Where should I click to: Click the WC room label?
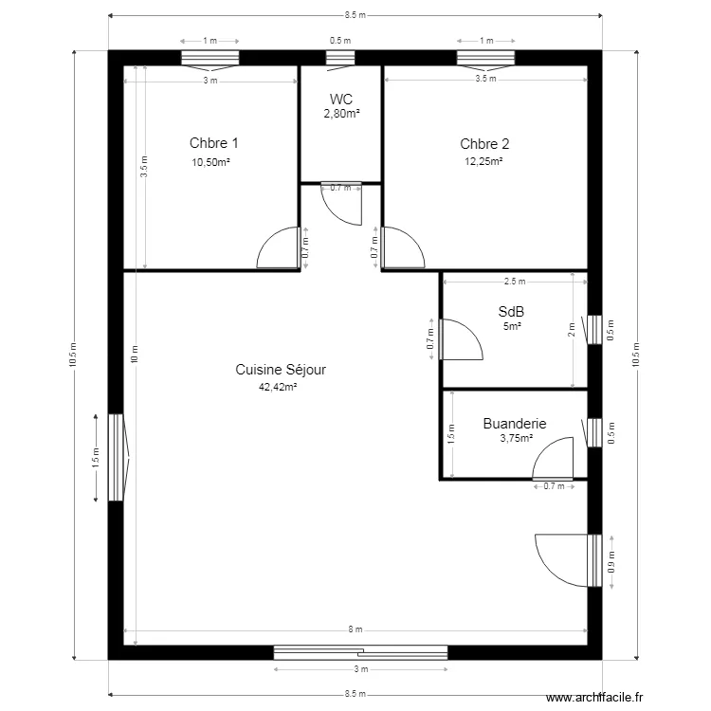click(341, 99)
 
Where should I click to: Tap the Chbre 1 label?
click(213, 143)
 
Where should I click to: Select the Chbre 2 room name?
click(484, 144)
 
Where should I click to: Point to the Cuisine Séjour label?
click(281, 370)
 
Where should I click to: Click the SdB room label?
click(511, 312)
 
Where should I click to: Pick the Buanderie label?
click(515, 424)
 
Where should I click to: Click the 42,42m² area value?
click(278, 387)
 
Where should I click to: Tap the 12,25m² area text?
click(483, 161)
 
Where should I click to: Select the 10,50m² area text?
click(210, 162)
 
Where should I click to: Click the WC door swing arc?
click(335, 213)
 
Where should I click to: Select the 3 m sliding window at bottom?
click(361, 653)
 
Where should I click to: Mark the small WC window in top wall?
click(340, 58)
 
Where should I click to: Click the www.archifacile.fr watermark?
click(594, 697)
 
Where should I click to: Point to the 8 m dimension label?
click(355, 629)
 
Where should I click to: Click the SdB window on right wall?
click(594, 330)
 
